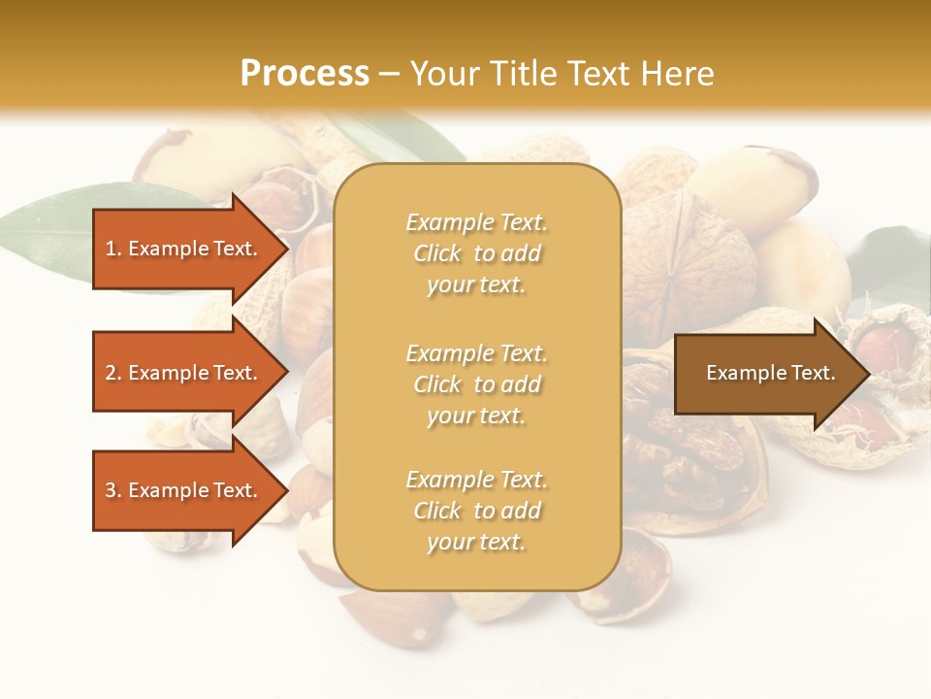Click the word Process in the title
click(305, 74)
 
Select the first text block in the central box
click(476, 253)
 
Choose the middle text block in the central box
click(476, 384)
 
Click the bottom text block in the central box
click(476, 511)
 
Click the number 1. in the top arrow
click(113, 249)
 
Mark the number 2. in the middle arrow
click(113, 373)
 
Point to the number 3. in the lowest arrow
click(113, 490)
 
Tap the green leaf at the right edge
click(897, 267)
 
